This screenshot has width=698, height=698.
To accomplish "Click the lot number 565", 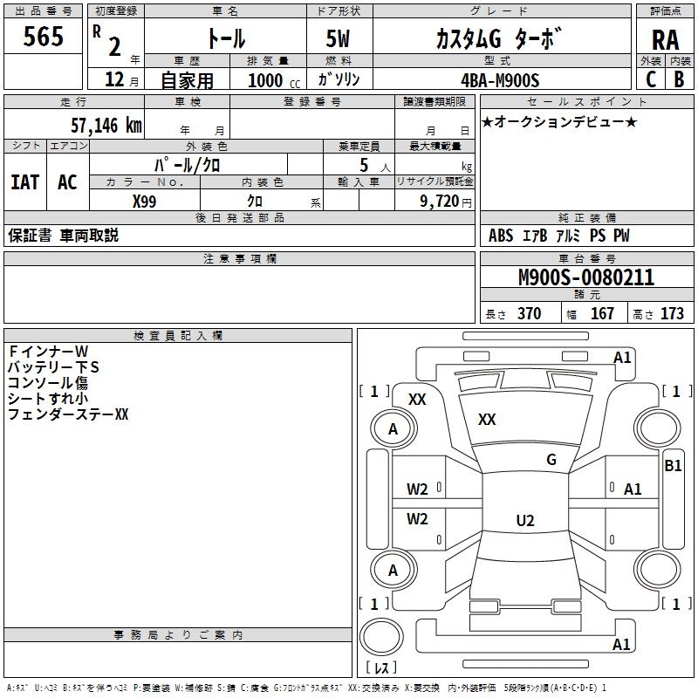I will (x=44, y=38).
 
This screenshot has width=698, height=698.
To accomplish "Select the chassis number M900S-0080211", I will (x=586, y=277).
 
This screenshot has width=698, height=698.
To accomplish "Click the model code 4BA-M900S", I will (x=501, y=80).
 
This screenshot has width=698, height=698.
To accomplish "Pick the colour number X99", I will (x=145, y=200).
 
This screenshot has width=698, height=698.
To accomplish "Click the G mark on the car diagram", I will (x=551, y=460).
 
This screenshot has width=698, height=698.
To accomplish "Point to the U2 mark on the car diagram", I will (x=524, y=521).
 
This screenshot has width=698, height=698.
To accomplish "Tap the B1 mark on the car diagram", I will (x=673, y=466).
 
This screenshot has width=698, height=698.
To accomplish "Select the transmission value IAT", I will (x=24, y=182).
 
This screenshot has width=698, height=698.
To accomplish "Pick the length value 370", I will (x=529, y=314).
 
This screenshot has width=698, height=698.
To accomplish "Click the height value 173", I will (x=673, y=314).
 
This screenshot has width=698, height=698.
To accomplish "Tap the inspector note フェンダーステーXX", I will (x=68, y=414).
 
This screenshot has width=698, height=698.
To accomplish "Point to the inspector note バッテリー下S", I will (x=53, y=367).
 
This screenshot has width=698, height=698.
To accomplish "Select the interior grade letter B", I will (x=679, y=79).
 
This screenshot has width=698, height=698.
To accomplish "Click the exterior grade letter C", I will (x=651, y=79).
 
